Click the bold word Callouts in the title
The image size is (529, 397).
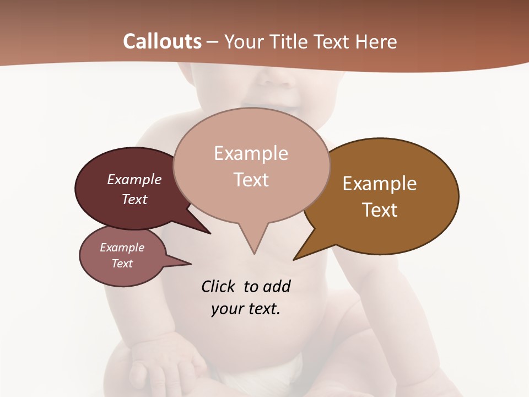pos(162,41)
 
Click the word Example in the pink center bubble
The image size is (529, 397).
pos(251,153)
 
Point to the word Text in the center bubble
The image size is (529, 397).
pos(251,180)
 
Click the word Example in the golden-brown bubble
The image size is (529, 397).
pos(380,184)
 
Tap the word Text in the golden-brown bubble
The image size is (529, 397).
pos(380,210)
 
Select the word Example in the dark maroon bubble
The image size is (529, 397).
pos(134,179)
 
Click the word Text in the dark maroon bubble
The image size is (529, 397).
pos(134,199)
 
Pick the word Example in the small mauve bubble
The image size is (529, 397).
pos(122,248)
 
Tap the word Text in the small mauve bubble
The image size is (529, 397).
pos(122,264)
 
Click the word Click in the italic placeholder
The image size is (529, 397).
pos(218,286)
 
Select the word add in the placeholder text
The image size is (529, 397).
pos(277,286)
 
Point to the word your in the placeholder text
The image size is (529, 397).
pos(226,309)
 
